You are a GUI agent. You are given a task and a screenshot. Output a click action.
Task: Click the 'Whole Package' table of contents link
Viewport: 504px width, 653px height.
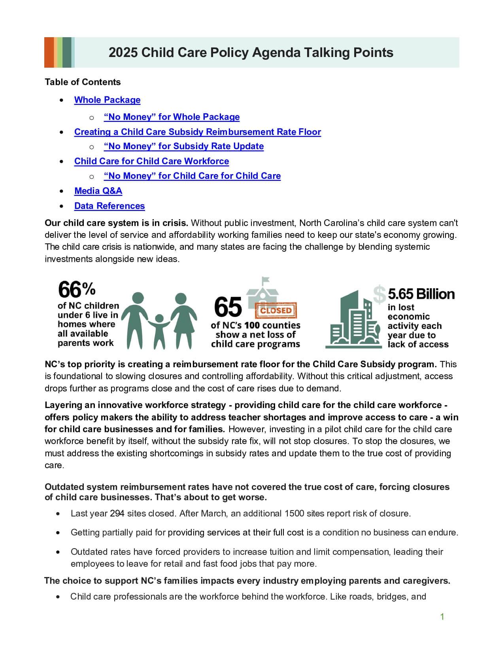pos(107,100)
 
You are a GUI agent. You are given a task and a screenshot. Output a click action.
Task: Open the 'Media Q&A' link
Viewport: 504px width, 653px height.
pos(98,191)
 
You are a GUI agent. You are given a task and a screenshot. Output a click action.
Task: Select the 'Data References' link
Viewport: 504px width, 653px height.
pos(109,206)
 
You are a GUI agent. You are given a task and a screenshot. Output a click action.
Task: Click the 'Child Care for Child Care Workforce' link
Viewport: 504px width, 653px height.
pos(151,161)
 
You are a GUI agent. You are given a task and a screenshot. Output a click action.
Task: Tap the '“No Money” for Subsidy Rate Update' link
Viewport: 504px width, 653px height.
pos(184,146)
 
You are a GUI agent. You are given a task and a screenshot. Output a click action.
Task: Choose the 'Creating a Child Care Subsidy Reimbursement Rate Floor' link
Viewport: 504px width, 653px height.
pos(197,132)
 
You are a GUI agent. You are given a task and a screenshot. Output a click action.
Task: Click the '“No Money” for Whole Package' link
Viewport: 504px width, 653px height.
pos(172,117)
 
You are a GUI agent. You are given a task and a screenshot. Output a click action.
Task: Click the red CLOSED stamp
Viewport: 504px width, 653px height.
pos(276,310)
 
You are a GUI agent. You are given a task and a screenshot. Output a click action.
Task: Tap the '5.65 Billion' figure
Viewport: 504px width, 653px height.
pos(421,294)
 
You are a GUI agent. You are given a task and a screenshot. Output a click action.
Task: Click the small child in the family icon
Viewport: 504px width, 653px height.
pos(159,330)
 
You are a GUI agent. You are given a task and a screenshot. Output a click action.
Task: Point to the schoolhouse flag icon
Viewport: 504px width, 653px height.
pos(265,281)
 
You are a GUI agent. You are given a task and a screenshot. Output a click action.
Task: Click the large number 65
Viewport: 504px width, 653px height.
pos(228,308)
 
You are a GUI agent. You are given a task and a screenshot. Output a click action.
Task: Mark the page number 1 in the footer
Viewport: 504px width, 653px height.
pos(442,617)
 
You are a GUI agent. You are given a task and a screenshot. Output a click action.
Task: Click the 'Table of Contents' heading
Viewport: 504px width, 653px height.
pos(83,82)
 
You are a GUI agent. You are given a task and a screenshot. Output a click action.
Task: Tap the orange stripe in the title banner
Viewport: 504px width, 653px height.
pos(49,52)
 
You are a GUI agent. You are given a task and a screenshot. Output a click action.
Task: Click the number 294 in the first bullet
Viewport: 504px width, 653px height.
pos(117,513)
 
